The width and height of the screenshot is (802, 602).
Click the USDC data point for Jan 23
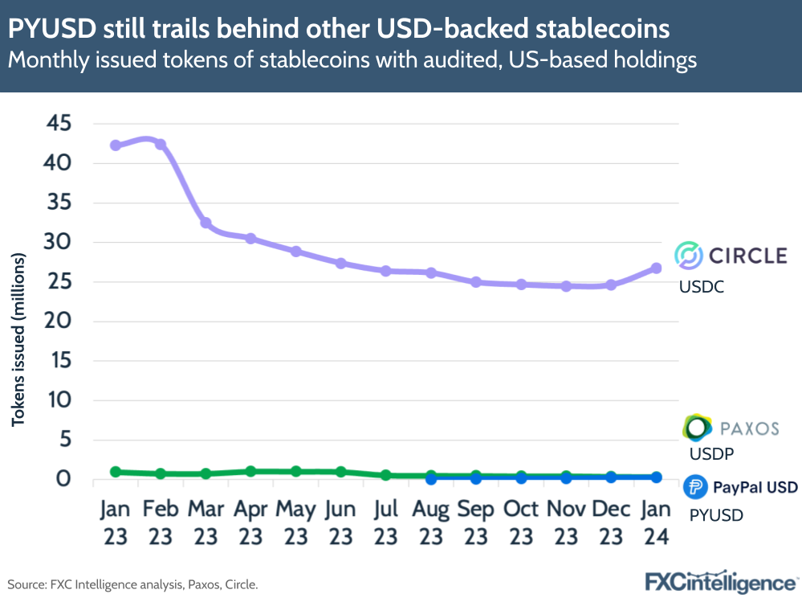116,145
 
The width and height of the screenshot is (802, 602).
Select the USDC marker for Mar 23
206,223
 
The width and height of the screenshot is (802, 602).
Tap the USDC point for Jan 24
656,268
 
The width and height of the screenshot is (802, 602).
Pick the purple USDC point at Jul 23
386,271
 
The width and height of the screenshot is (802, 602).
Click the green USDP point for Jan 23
116,472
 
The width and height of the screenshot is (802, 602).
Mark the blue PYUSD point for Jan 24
656,477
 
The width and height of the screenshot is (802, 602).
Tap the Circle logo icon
688,256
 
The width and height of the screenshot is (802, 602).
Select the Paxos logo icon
696,428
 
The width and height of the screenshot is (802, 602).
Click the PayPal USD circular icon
694,488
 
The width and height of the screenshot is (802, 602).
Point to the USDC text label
701,286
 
